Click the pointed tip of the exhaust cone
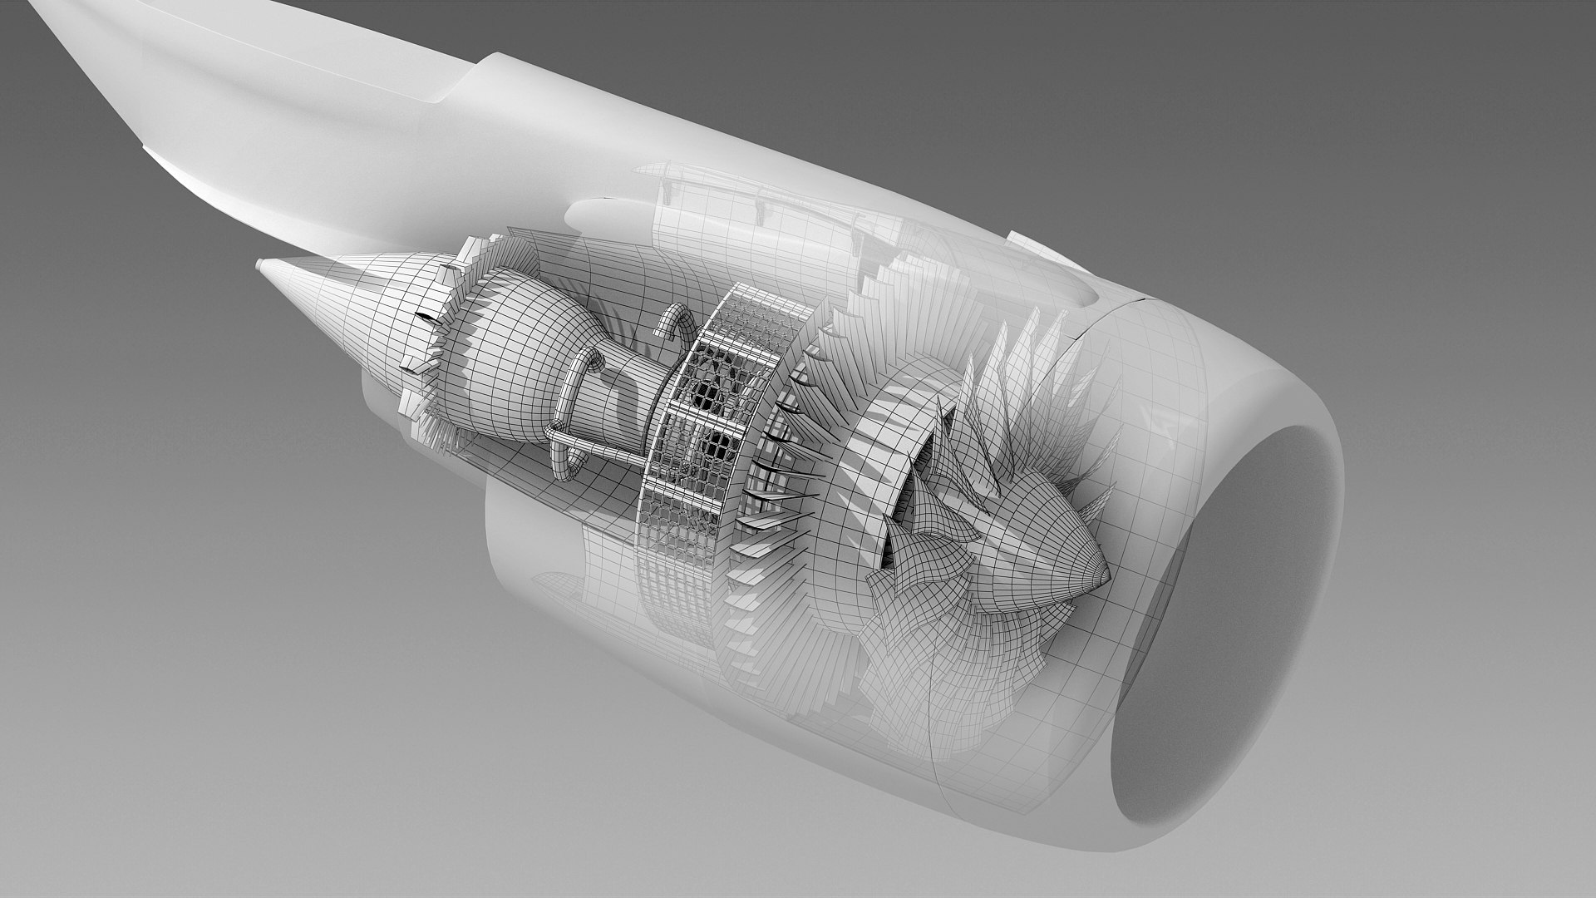click(260, 266)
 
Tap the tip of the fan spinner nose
click(1109, 575)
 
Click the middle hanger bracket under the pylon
click(758, 200)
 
